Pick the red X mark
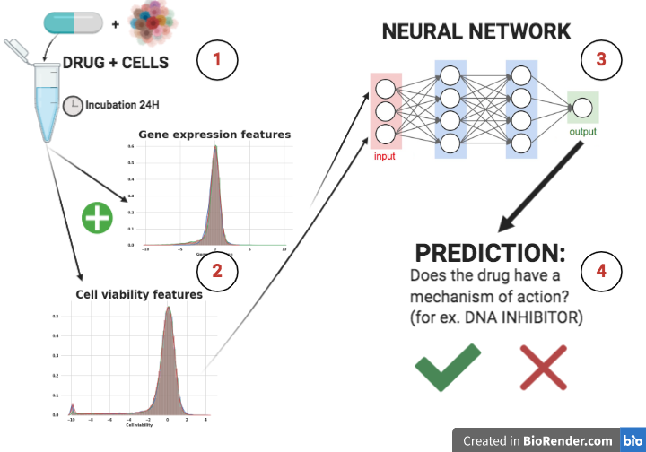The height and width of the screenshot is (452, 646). [544, 368]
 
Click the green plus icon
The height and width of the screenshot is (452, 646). [98, 219]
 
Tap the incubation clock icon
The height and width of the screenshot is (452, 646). [73, 105]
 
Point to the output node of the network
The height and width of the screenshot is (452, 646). [582, 109]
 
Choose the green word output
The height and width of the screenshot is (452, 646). [582, 132]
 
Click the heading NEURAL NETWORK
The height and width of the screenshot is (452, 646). [476, 31]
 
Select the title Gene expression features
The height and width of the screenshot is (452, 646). [215, 135]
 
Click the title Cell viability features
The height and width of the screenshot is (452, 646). [139, 293]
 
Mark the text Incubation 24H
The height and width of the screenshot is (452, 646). [123, 105]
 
